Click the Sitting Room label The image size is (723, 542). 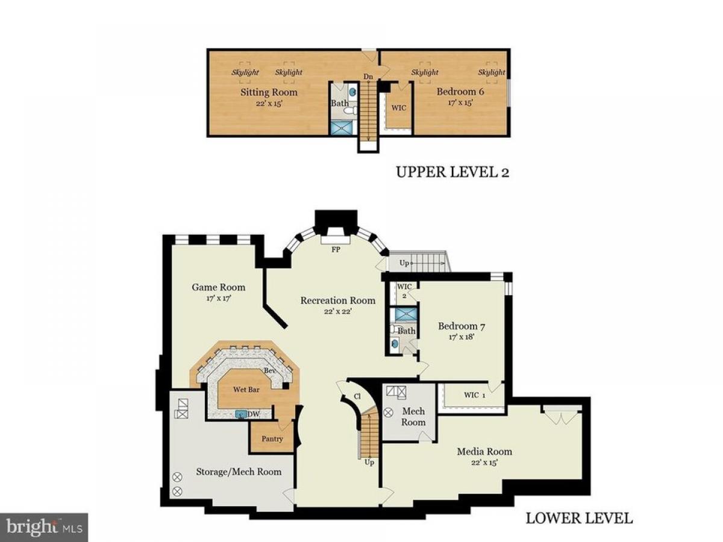click(269, 92)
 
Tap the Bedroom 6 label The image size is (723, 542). click(460, 91)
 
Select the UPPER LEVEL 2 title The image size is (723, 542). click(452, 172)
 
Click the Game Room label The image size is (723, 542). click(218, 287)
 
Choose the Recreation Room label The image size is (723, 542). click(337, 300)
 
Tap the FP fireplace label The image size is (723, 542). click(336, 249)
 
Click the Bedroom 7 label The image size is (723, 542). click(461, 326)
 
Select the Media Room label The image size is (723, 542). click(484, 451)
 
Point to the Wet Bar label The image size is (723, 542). click(246, 389)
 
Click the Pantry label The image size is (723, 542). click(272, 438)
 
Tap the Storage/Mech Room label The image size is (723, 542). click(239, 472)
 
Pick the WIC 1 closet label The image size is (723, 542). click(474, 395)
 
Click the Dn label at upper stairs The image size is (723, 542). click(368, 76)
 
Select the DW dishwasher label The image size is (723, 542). click(253, 414)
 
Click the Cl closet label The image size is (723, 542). click(357, 396)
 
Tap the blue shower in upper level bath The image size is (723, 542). click(343, 128)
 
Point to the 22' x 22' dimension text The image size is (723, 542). click(338, 311)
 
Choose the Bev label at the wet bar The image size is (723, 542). click(269, 370)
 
